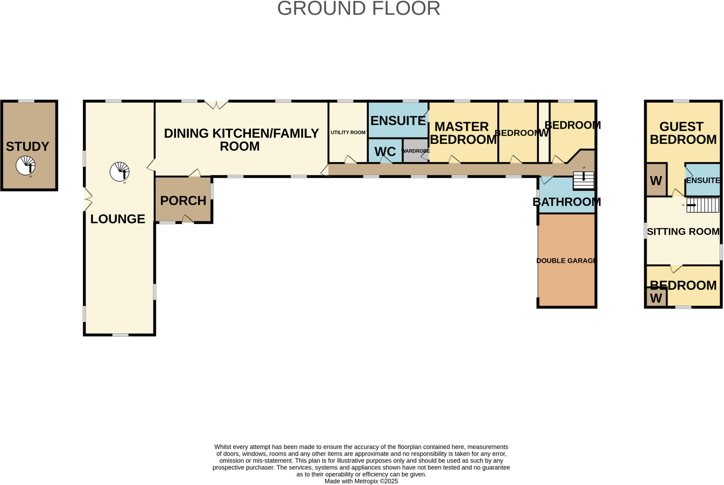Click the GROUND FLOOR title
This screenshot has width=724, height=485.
[x=358, y=8]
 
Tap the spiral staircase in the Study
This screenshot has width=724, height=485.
[x=25, y=165]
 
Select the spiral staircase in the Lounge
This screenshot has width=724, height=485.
[x=119, y=172]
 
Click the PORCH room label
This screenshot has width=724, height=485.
[x=183, y=201]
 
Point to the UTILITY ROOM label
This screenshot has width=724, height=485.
[x=348, y=132]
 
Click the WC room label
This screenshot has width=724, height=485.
[x=385, y=151]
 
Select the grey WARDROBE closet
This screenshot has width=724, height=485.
[x=416, y=151]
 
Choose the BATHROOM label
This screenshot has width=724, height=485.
[x=567, y=202]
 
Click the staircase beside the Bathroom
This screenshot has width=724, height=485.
[x=583, y=180]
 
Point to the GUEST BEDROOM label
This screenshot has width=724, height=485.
[x=683, y=133]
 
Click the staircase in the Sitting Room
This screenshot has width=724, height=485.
[x=702, y=205]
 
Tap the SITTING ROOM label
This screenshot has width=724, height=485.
[x=683, y=231]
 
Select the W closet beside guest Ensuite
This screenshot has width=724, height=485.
[x=656, y=180]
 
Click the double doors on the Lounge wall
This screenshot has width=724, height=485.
[x=88, y=200]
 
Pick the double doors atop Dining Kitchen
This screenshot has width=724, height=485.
[x=216, y=105]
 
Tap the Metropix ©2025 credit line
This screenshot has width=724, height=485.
[x=361, y=481]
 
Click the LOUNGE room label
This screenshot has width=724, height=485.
[x=118, y=219]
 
